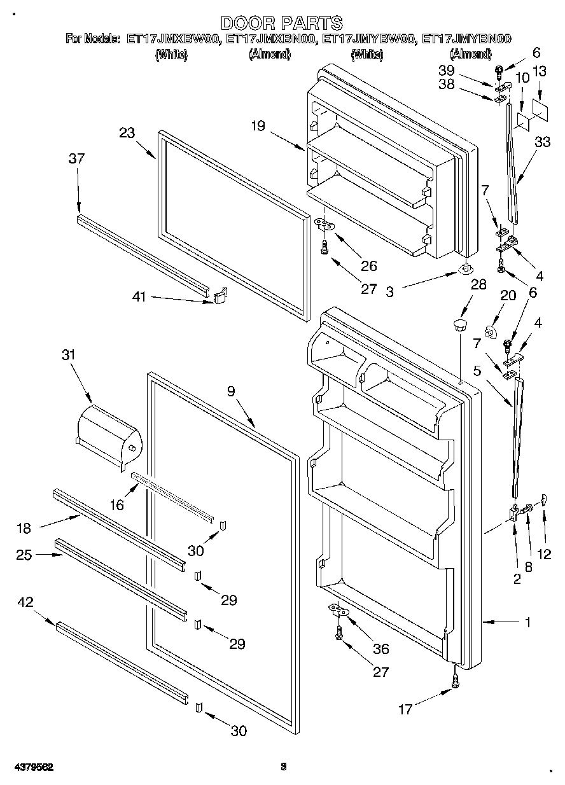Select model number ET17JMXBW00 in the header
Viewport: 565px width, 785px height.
tap(173, 39)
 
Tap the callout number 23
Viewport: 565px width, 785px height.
tap(127, 133)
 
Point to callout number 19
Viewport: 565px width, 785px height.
tap(257, 126)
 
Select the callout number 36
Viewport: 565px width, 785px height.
tap(380, 649)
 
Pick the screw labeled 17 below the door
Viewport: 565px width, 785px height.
tap(456, 680)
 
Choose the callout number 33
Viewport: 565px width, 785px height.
tap(542, 143)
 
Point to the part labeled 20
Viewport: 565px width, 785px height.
tap(490, 331)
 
